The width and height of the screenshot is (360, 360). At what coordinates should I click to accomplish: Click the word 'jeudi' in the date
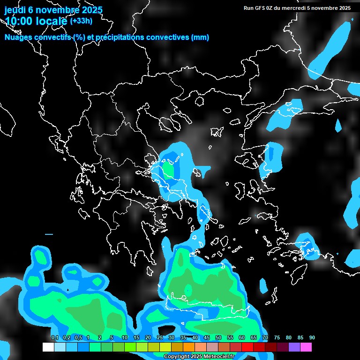tap(15, 10)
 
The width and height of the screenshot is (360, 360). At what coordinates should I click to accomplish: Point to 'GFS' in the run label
tap(262, 8)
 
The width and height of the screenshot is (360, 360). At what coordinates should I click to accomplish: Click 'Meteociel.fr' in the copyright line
tap(219, 357)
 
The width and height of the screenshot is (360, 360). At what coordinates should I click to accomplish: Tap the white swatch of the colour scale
tap(48, 347)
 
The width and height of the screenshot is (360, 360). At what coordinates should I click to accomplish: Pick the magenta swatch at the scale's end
tap(306, 347)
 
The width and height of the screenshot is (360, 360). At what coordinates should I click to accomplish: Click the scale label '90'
tap(312, 337)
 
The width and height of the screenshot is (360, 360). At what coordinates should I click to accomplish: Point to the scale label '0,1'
tap(55, 337)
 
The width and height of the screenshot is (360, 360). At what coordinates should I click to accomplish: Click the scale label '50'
tap(218, 337)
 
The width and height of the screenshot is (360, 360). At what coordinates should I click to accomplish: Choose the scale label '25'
tap(160, 337)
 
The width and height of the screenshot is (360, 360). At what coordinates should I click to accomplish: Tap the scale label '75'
tap(277, 337)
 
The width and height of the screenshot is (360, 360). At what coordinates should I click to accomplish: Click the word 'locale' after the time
tap(52, 21)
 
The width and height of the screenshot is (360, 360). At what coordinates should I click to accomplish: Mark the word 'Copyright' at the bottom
tap(177, 357)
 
